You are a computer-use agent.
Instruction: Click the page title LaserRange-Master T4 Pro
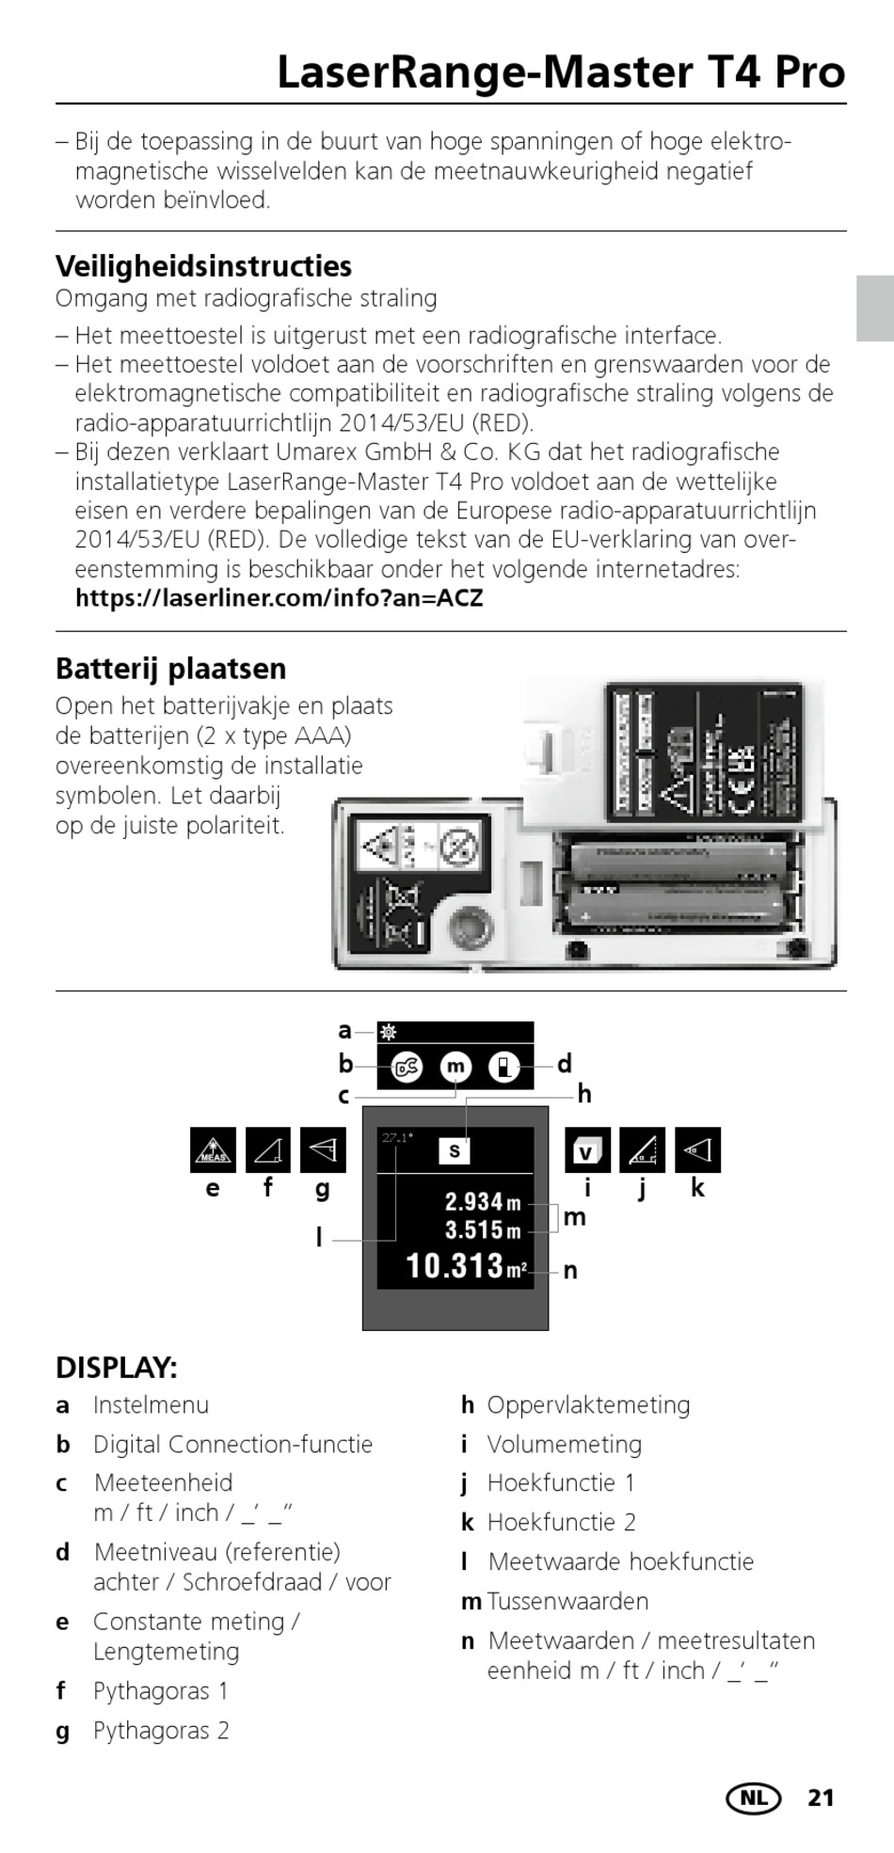point(561,72)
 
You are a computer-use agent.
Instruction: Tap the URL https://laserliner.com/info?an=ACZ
point(279,598)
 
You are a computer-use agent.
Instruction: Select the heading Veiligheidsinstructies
point(203,266)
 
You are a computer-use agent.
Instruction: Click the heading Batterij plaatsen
point(170,669)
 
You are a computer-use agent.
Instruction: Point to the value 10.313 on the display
point(455,1266)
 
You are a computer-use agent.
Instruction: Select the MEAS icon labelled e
point(213,1150)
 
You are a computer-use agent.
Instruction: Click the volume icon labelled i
point(587,1150)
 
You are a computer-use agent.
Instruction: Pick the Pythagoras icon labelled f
point(267,1150)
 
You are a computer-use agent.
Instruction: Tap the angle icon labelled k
point(697,1150)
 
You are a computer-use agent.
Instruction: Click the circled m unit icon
point(455,1067)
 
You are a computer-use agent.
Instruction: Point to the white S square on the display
point(455,1150)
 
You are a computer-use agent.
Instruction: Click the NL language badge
point(753,1798)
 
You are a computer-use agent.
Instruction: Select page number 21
point(821,1798)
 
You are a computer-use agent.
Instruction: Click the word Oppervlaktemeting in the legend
point(588,1405)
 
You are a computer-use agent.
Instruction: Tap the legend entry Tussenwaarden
point(567,1601)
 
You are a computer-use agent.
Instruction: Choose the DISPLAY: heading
point(117,1368)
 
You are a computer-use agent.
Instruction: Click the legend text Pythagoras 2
point(161,1731)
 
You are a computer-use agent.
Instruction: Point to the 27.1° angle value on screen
point(397,1138)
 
